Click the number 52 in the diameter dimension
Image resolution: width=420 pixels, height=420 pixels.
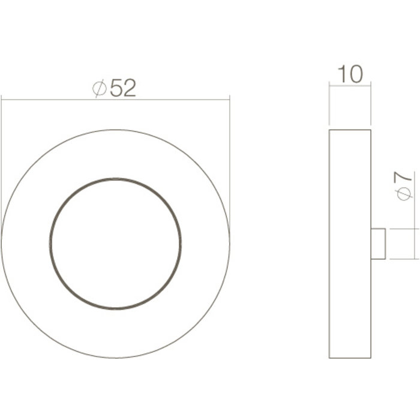[x=124, y=88]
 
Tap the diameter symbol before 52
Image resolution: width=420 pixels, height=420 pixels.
[x=100, y=89]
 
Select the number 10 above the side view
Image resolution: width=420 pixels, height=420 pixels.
[x=350, y=74]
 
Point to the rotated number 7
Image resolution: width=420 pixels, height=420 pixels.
[x=406, y=177]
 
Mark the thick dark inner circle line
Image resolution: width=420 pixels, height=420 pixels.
[x=51, y=244]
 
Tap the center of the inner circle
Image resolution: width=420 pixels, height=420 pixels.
[x=116, y=244]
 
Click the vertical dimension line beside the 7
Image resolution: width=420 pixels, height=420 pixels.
[x=416, y=244]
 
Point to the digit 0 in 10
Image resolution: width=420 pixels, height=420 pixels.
[x=356, y=74]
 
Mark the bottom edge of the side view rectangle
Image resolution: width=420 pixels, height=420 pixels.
[x=350, y=358]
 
